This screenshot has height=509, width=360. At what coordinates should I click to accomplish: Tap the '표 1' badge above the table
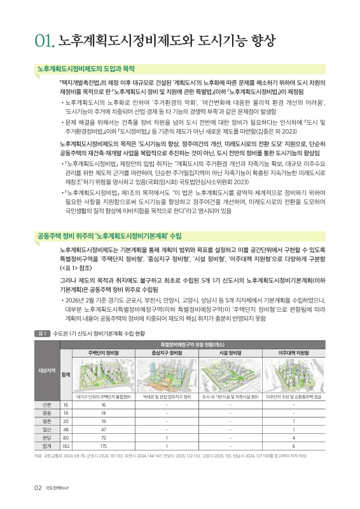(x=43, y=333)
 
